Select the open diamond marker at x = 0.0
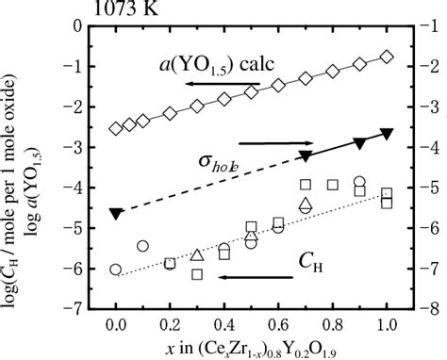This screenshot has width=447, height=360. point(116,128)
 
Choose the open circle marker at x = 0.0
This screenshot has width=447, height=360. point(116,270)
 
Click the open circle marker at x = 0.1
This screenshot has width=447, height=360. point(143,246)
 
